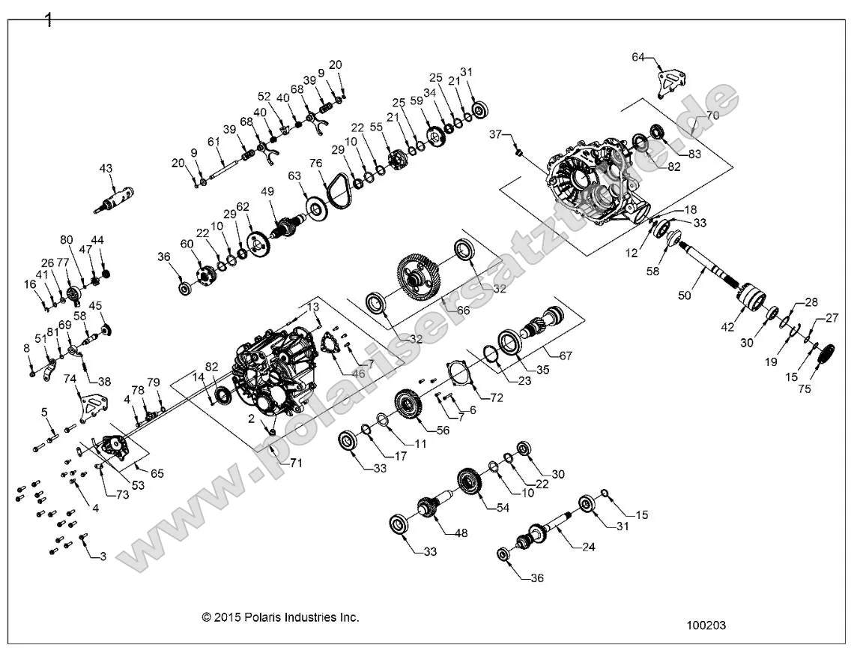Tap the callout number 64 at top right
pyautogui.click(x=638, y=57)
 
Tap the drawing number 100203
pyautogui.click(x=706, y=624)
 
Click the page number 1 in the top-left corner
pyautogui.click(x=49, y=20)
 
